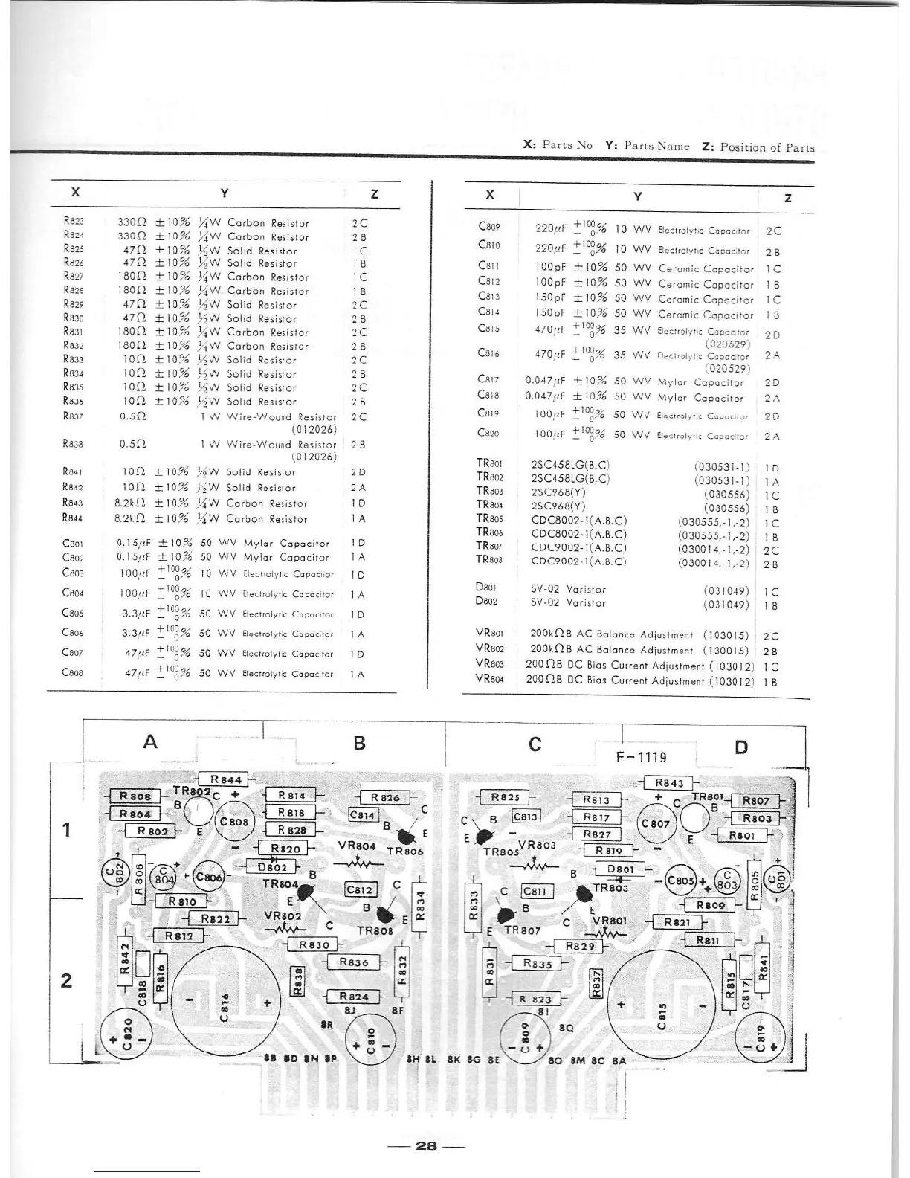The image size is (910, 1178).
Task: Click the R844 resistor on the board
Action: tap(226, 779)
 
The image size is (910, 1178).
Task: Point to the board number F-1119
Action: tap(642, 757)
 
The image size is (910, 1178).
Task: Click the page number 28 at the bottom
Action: tap(426, 1145)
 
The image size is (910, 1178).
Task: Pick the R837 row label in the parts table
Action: tap(73, 416)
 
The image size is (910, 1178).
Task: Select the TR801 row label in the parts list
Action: tap(490, 463)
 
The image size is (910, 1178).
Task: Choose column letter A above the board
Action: tap(150, 741)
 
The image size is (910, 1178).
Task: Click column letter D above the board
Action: tap(740, 747)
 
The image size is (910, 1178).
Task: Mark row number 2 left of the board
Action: tap(67, 980)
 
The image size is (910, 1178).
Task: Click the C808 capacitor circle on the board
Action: tap(234, 823)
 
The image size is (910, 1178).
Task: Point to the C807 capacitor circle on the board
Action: tap(655, 823)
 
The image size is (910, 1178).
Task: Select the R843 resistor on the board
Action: tap(669, 782)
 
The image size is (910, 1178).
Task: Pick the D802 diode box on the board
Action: tap(272, 866)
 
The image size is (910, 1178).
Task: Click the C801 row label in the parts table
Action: tap(73, 543)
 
